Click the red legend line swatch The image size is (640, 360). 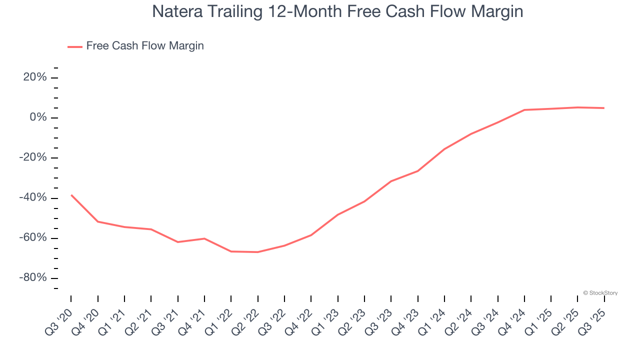point(74,46)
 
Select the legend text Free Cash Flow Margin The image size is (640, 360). point(145,46)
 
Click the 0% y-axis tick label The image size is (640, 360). point(39,117)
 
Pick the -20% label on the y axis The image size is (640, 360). point(34,157)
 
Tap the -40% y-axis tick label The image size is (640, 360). point(34,198)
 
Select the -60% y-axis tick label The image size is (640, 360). point(34,238)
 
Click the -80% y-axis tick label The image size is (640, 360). point(34,278)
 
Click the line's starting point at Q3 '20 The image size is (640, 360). point(71,194)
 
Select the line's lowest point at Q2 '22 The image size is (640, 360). point(258,252)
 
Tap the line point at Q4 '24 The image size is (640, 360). point(524,109)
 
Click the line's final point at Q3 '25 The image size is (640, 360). point(604,108)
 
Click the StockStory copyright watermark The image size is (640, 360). point(600,293)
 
